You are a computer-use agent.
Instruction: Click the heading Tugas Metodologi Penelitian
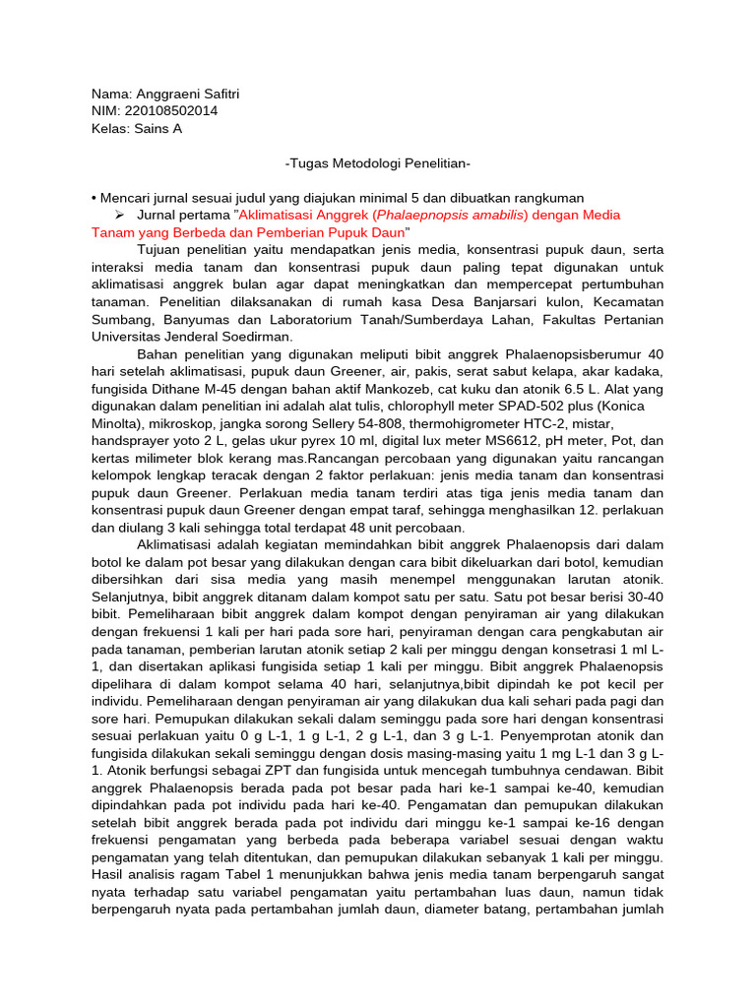(x=378, y=162)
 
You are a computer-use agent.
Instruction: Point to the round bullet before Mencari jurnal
(x=94, y=197)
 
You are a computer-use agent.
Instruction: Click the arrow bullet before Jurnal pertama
(x=118, y=215)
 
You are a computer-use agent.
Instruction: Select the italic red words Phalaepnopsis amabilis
(x=420, y=215)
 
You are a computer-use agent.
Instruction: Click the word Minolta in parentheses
(x=119, y=423)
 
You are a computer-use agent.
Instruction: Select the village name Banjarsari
(x=478, y=301)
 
